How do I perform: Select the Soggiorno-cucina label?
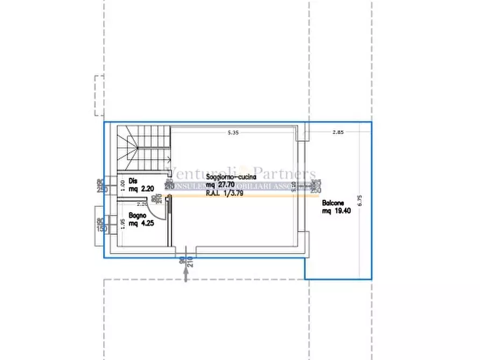231,176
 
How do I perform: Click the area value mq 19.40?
336,212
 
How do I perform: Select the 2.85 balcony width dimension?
338,132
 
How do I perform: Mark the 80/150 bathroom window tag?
100,226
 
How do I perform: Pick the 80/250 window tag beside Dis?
100,185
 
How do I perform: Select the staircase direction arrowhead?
168,159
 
